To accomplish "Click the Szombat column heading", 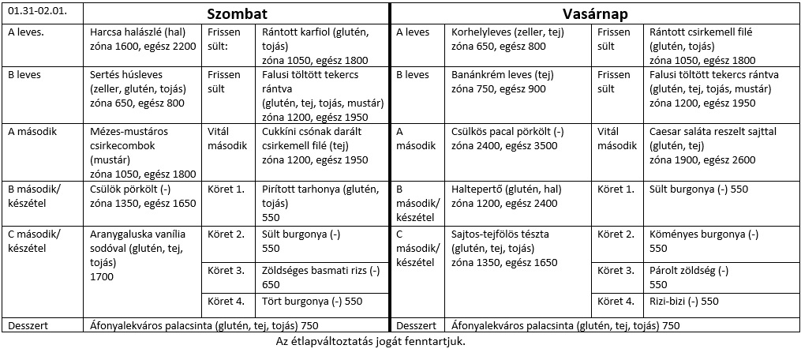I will pyautogui.click(x=236, y=14).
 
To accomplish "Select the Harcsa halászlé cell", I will pyautogui.click(x=143, y=39).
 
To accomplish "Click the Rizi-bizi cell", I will pyautogui.click(x=683, y=301).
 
